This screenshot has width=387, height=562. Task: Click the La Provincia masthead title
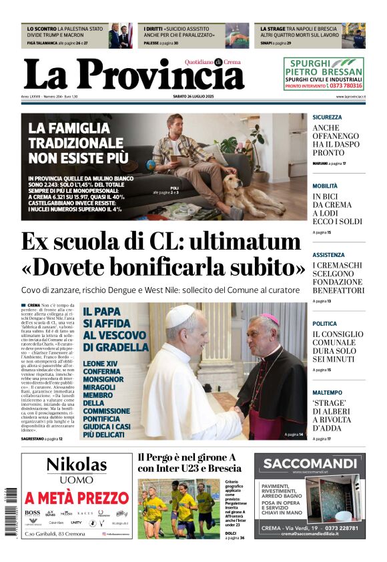(x=133, y=74)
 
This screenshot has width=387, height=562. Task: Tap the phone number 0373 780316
(x=346, y=85)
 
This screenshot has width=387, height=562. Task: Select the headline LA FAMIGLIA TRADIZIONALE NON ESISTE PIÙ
(x=76, y=143)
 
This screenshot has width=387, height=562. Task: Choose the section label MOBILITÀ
(x=325, y=186)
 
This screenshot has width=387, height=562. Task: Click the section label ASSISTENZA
(x=328, y=255)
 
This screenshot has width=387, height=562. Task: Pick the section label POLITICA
(x=325, y=324)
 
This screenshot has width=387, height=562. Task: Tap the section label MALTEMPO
(x=327, y=392)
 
